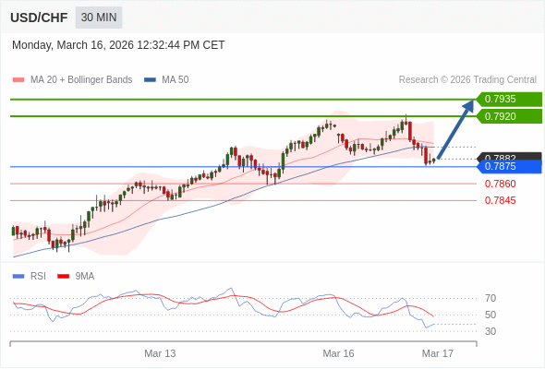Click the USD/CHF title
point(38,18)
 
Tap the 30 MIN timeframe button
point(98,18)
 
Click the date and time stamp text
point(118,45)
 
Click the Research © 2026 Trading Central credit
point(467,79)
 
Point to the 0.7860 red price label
point(500,184)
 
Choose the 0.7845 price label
point(500,200)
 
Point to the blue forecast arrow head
point(469,105)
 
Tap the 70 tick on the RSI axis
point(490,298)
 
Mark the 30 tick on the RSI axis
point(490,331)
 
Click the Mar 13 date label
point(160,353)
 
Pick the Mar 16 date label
point(338,353)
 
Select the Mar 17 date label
point(437,353)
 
